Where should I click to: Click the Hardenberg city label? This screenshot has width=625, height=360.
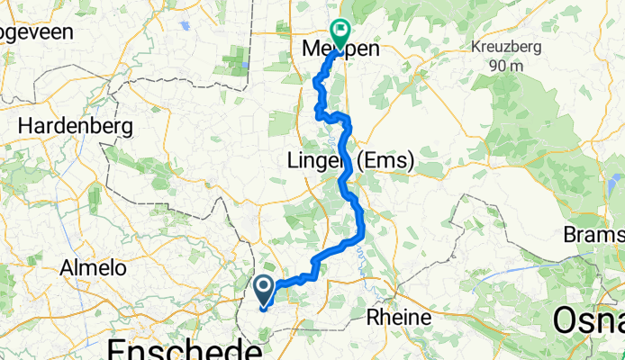[x=75, y=124]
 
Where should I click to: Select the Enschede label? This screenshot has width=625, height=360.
[x=179, y=346]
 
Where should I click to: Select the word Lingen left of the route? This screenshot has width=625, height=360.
[x=314, y=162]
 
